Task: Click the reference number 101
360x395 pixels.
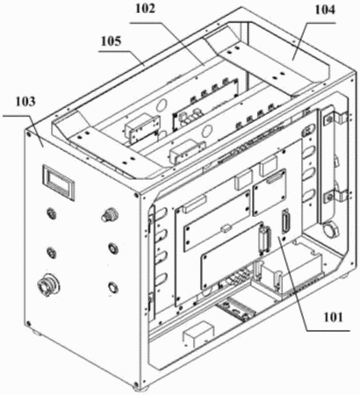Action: coord(332,317)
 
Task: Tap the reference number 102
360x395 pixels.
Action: coord(145,9)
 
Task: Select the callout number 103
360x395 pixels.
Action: coord(25,102)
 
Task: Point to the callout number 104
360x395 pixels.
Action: coord(324,10)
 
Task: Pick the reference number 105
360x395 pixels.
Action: coord(111,41)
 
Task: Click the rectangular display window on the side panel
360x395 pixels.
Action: coord(59,183)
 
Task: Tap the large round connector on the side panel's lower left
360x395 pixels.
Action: coord(47,284)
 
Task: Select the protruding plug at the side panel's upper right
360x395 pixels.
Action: coord(109,215)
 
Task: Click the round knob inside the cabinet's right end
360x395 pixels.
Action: coord(330,230)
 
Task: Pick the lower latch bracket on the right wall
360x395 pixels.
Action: coord(336,195)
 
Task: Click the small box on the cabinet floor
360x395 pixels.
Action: coord(198,334)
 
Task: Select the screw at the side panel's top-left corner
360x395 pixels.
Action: coord(29,133)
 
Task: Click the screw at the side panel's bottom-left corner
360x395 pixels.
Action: coord(28,324)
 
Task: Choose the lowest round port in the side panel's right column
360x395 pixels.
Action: coord(112,287)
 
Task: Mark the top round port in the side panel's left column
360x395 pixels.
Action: coord(52,212)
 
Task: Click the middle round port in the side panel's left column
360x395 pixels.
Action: coord(52,252)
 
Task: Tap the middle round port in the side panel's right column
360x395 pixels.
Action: coord(113,248)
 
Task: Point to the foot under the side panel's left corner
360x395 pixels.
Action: coord(36,332)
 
